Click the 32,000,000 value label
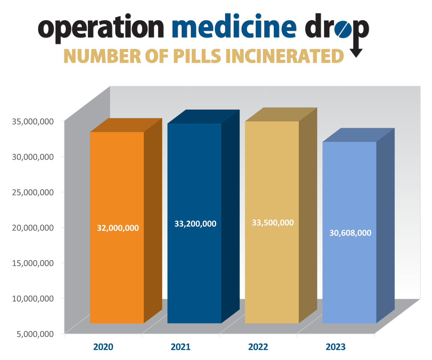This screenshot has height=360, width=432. (118, 228)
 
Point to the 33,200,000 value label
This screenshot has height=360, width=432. (195, 224)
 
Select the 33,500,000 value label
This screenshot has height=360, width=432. (273, 223)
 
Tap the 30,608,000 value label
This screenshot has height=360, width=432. (350, 233)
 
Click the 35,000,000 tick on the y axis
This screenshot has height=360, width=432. (33, 122)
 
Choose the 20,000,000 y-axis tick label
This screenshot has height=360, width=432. (33, 228)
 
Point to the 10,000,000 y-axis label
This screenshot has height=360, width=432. (33, 298)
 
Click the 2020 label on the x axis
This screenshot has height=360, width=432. (103, 347)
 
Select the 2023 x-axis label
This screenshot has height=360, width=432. (335, 347)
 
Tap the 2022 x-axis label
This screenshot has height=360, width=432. (258, 347)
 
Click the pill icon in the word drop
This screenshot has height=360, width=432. (342, 29)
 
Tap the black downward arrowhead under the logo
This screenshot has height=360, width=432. (356, 53)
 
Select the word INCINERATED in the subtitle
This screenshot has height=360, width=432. (285, 56)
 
